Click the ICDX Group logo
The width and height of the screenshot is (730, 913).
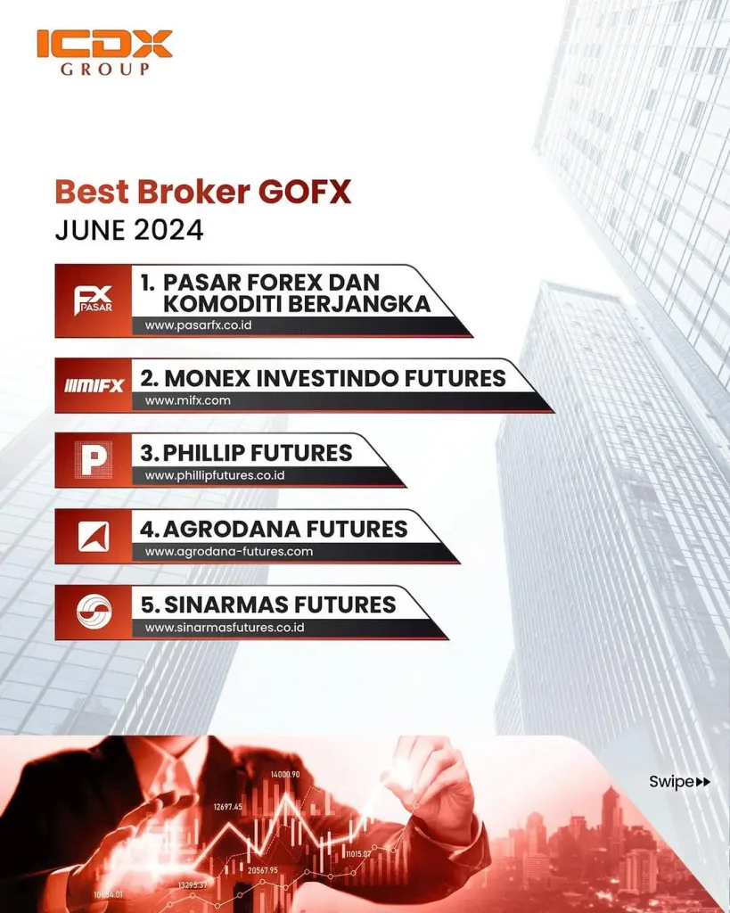[x=105, y=53]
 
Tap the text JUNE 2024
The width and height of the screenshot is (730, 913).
[x=129, y=230]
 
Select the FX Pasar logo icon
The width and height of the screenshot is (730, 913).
[x=93, y=300]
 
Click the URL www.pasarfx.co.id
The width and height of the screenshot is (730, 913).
[x=198, y=325]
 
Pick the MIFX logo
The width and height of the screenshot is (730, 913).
[x=94, y=385]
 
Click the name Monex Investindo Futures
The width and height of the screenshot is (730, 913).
[x=323, y=378]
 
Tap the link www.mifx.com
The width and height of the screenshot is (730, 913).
[x=187, y=400]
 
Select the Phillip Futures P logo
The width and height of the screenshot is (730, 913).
[x=94, y=460]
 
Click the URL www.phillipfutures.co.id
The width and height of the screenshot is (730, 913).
[x=215, y=475]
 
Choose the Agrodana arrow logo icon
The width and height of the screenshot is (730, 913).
[x=94, y=536]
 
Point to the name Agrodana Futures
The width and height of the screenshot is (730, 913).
[x=274, y=529]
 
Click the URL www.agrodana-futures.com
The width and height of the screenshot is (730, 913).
[x=229, y=551]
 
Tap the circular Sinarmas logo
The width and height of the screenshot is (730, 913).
[x=94, y=612]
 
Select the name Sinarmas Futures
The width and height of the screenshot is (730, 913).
[x=268, y=605]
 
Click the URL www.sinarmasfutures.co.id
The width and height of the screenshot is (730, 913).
[x=225, y=628]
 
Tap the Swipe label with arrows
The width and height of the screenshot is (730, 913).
[x=680, y=781]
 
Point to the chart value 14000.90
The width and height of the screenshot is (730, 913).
[x=285, y=775]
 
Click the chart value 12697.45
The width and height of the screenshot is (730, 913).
[x=227, y=806]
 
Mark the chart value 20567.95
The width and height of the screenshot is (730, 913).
[x=263, y=870]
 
